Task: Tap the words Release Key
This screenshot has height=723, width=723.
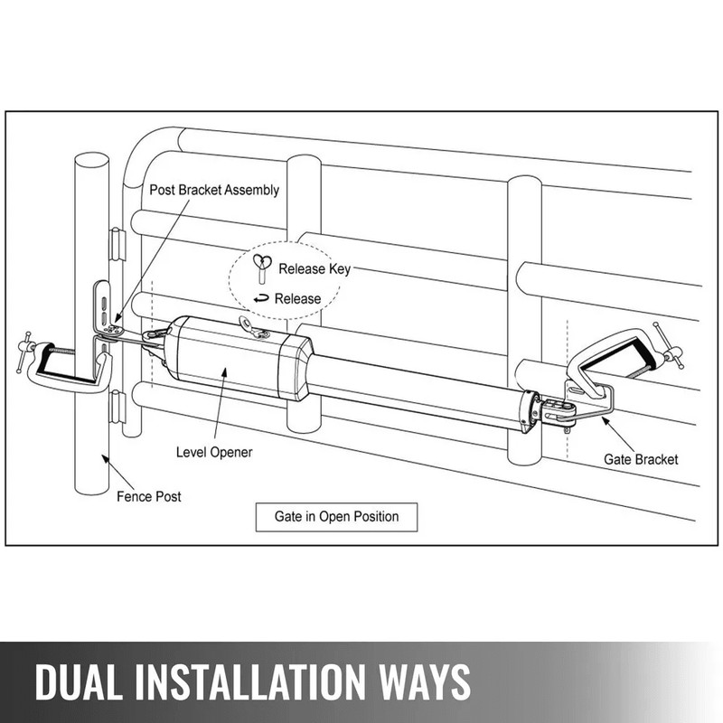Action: tap(314, 268)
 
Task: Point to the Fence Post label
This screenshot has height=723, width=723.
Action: tap(148, 496)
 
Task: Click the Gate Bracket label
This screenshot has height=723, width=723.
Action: tap(640, 459)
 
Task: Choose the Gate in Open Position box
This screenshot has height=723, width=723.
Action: tap(335, 518)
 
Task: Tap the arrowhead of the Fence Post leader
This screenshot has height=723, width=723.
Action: tap(107, 455)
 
